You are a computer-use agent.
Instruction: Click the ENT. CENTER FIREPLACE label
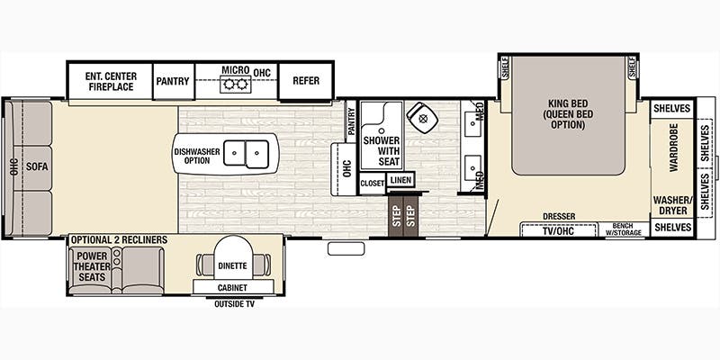(111, 81)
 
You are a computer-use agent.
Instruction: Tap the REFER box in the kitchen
(306, 81)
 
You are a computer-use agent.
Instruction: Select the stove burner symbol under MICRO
(235, 85)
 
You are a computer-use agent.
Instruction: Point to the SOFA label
(37, 167)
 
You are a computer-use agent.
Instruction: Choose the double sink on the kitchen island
(246, 154)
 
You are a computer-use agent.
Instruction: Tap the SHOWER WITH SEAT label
(382, 151)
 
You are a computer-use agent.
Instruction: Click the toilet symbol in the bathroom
(422, 118)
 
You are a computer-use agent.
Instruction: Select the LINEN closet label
(400, 180)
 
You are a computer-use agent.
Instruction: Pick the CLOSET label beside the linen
(372, 184)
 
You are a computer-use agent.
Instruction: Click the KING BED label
(568, 103)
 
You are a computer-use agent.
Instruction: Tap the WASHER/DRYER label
(673, 205)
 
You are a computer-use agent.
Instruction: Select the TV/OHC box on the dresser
(558, 230)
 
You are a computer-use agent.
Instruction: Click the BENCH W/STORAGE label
(622, 229)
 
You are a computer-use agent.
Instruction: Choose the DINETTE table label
(232, 265)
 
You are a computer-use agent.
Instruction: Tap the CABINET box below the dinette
(233, 287)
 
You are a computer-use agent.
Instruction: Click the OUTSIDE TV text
(234, 304)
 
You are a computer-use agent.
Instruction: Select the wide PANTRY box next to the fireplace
(173, 81)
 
